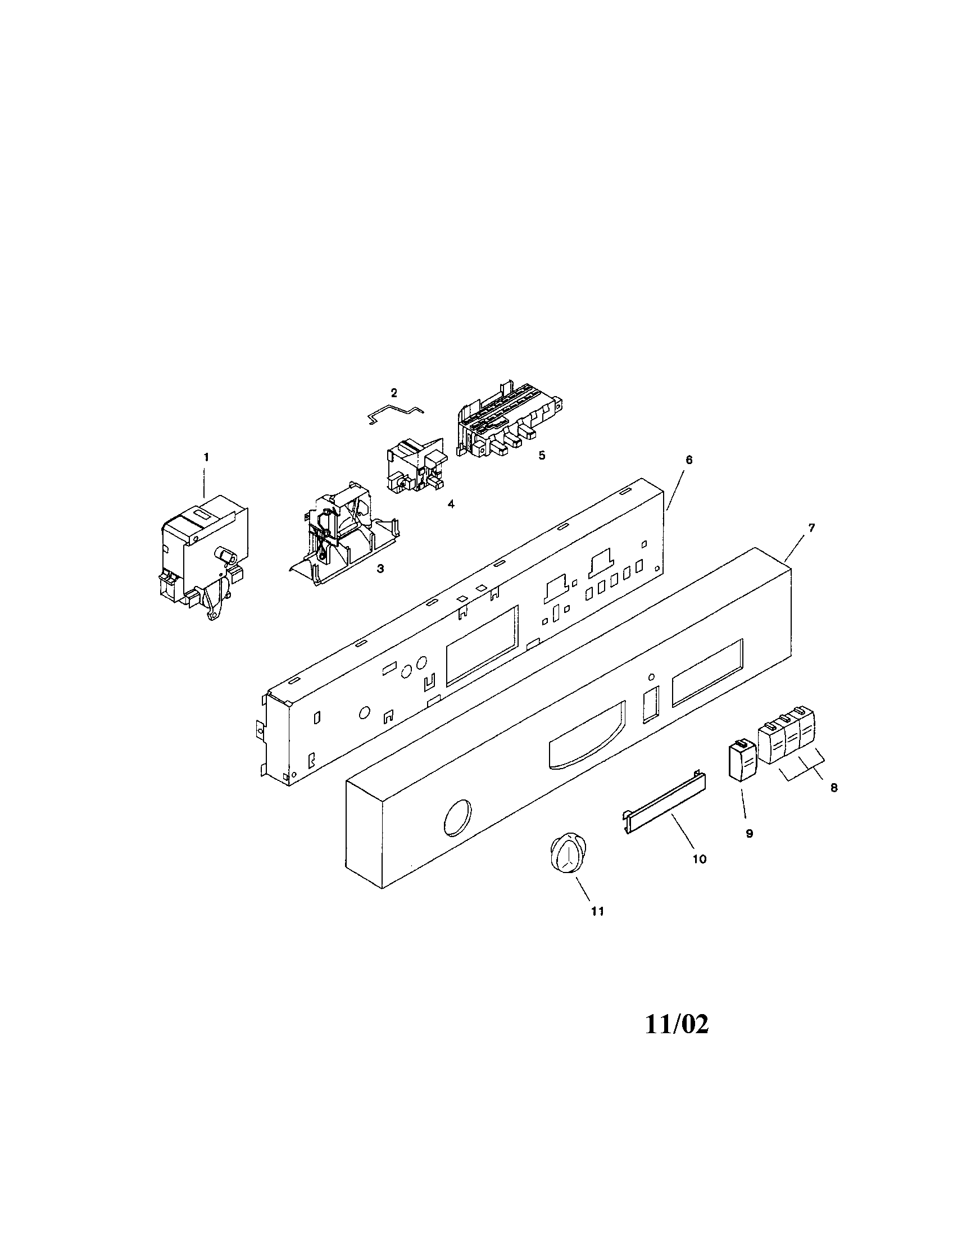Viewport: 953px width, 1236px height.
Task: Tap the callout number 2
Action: [394, 392]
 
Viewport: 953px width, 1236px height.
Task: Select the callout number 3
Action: [380, 569]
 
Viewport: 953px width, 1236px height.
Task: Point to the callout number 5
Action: [542, 456]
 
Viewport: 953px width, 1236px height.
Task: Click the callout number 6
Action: [689, 460]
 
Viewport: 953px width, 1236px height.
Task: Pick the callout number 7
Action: [811, 528]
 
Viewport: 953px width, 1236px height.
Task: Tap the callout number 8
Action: [833, 787]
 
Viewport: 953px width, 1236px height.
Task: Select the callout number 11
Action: [598, 911]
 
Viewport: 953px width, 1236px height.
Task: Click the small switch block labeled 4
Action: [416, 466]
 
